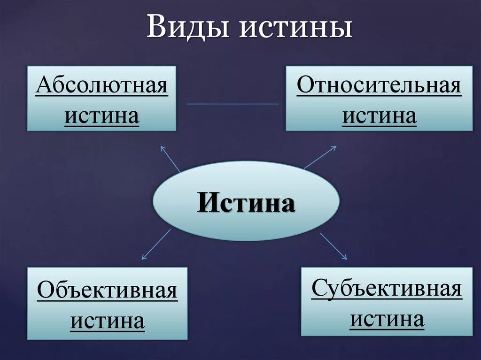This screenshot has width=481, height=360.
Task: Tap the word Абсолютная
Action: (x=101, y=86)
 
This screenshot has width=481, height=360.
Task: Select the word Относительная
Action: (x=379, y=86)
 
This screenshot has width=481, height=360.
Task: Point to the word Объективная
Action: (x=107, y=291)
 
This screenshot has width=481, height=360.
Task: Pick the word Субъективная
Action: (x=387, y=288)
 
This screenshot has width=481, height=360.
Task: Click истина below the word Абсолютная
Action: (x=101, y=115)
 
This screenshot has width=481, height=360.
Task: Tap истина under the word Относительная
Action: (x=379, y=115)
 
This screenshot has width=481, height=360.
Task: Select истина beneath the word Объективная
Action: (x=107, y=321)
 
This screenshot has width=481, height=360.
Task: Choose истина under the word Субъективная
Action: (x=387, y=319)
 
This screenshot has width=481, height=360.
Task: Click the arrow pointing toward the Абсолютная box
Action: (x=171, y=159)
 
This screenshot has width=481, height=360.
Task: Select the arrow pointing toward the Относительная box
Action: (x=320, y=157)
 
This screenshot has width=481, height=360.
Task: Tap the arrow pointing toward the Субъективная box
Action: (x=334, y=246)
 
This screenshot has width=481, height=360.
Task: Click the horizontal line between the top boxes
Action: (x=233, y=104)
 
